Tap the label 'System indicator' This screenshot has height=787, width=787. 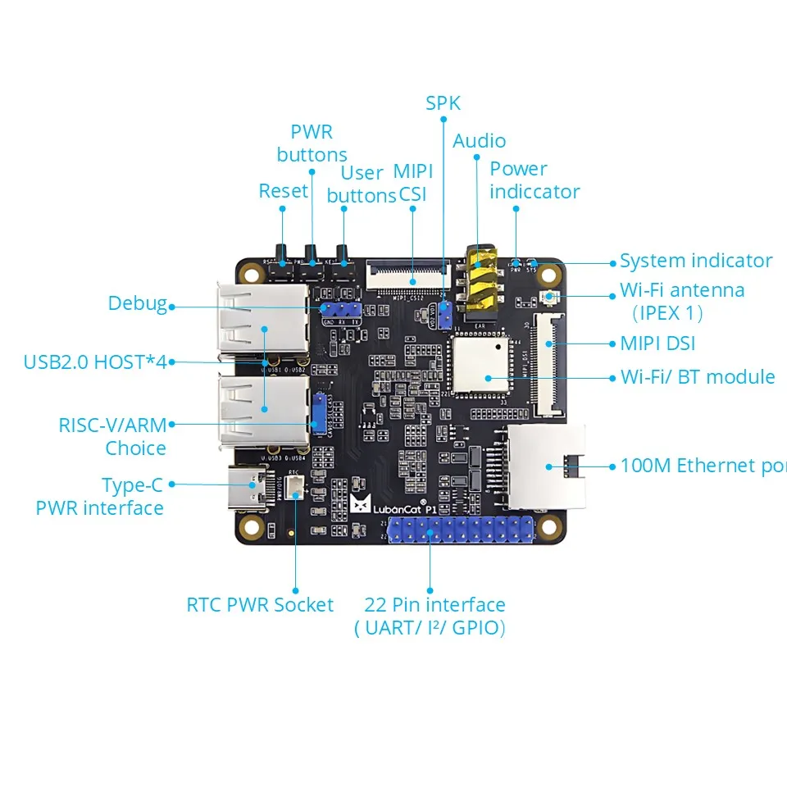pyautogui.click(x=695, y=262)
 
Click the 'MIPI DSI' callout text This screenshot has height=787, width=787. pyautogui.click(x=657, y=344)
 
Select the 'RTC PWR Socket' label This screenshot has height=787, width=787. pyautogui.click(x=260, y=606)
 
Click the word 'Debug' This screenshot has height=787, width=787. pyautogui.click(x=137, y=303)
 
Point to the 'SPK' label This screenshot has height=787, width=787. pyautogui.click(x=443, y=103)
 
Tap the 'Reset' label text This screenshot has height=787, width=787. pyautogui.click(x=283, y=191)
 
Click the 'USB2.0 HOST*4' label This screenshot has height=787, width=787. pyautogui.click(x=94, y=362)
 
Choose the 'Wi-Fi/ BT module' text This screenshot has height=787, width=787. pyautogui.click(x=697, y=377)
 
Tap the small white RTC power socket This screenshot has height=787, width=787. pyautogui.click(x=296, y=489)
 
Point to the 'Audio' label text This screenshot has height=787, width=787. pyautogui.click(x=479, y=141)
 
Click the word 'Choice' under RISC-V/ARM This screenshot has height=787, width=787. pyautogui.click(x=135, y=448)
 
